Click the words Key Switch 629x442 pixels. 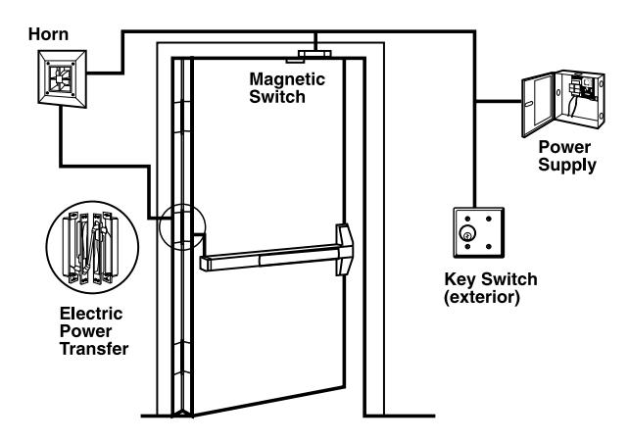tap(484, 278)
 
